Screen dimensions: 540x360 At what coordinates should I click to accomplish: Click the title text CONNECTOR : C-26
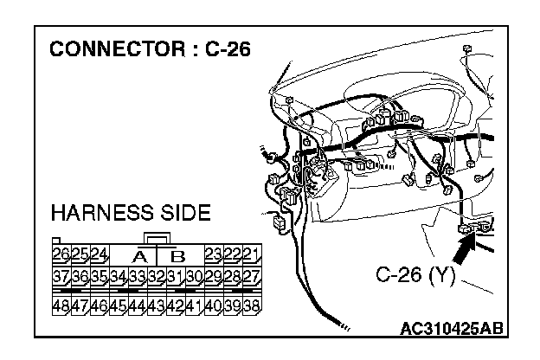tap(150, 48)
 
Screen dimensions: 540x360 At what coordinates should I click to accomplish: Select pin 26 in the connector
tap(61, 254)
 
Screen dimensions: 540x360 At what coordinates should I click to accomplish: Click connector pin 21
tap(252, 254)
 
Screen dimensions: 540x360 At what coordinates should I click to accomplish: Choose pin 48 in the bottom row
tap(61, 305)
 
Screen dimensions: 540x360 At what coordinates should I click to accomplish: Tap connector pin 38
tap(252, 305)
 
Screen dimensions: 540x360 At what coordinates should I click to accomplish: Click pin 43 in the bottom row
tap(157, 305)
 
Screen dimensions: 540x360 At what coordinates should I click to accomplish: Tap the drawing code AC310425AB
tap(452, 329)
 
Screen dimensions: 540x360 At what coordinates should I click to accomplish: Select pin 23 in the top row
tap(214, 254)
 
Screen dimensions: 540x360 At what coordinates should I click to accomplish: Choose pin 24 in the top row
tap(99, 254)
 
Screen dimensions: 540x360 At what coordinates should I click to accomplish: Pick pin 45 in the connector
tap(119, 305)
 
